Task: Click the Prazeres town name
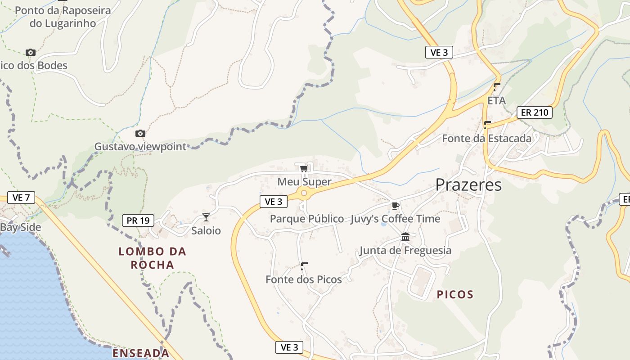coord(468,184)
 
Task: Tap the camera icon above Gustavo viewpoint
coord(140,133)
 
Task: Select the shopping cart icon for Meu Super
coord(304,169)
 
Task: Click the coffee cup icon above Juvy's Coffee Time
coord(395,206)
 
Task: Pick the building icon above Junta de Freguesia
coord(405,237)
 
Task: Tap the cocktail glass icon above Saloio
coord(206,217)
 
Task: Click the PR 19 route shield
coord(138,220)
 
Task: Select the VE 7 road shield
coord(21,197)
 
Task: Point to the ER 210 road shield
coord(534,112)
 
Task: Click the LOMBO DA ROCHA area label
coord(153,258)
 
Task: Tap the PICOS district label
coord(455,295)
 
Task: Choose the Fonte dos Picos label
coord(304,279)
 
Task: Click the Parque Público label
coord(307,219)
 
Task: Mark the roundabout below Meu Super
coord(304,193)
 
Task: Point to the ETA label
coord(497,100)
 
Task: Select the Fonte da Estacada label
coord(487,138)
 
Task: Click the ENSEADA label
coord(141,353)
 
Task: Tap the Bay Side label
coord(20,227)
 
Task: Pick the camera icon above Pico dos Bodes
coord(31,52)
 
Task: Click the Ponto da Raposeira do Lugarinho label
coord(63,17)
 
